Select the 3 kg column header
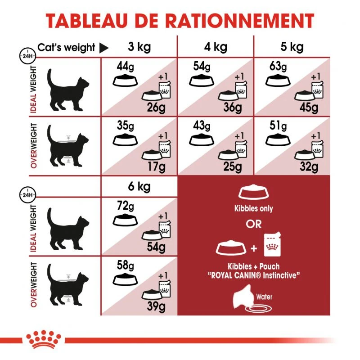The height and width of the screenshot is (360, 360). [139, 47]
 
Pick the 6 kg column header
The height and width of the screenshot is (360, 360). [139, 186]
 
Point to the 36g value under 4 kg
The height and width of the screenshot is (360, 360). [233, 108]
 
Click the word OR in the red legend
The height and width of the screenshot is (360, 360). [253, 224]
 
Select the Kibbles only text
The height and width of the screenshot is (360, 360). [253, 209]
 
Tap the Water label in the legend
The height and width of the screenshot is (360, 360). [265, 297]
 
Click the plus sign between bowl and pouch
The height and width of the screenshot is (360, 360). [253, 248]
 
